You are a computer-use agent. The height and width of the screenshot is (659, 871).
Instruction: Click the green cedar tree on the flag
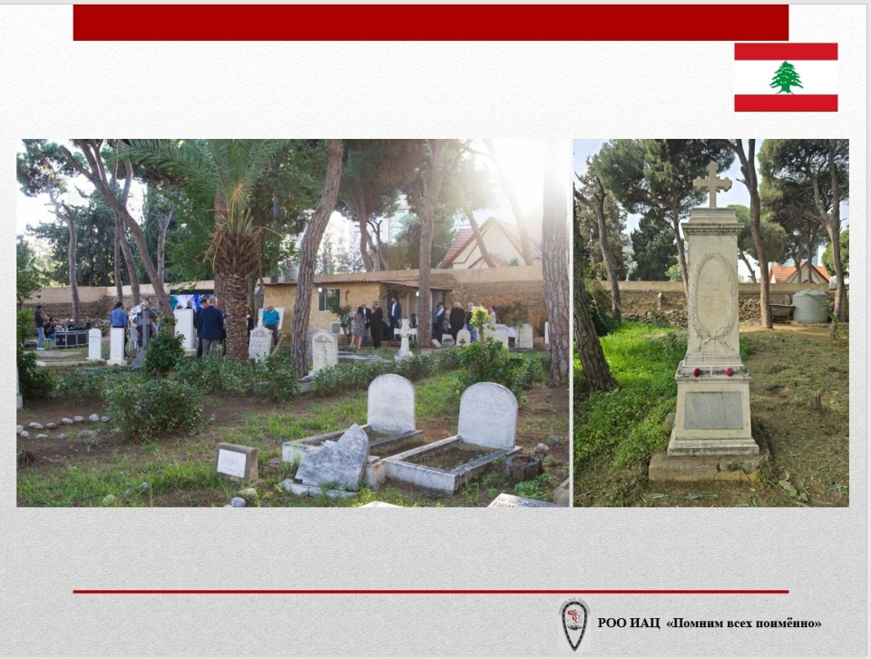pyautogui.click(x=786, y=77)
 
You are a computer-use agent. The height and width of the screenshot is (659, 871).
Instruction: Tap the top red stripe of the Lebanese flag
pyautogui.click(x=786, y=52)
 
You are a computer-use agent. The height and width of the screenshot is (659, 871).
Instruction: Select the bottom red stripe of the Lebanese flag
pyautogui.click(x=786, y=103)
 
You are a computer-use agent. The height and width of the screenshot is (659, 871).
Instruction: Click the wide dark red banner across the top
pyautogui.click(x=430, y=23)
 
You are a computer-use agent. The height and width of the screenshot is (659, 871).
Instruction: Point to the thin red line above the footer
pyautogui.click(x=430, y=592)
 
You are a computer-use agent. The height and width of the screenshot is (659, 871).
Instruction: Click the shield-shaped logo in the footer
pyautogui.click(x=574, y=625)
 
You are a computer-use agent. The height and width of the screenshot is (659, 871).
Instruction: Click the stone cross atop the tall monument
pyautogui.click(x=712, y=184)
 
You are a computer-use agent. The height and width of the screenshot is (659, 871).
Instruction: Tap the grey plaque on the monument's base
pyautogui.click(x=713, y=410)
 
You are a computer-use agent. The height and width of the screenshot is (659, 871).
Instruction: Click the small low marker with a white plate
pyautogui.click(x=236, y=462)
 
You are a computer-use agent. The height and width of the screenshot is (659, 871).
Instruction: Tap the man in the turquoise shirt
pyautogui.click(x=271, y=323)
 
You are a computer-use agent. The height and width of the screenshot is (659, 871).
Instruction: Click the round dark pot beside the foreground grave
pyautogui.click(x=524, y=467)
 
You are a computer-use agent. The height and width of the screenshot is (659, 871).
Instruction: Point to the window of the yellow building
pyautogui.click(x=328, y=300)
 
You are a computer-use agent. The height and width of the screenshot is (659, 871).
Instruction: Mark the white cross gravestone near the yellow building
pyautogui.click(x=404, y=340)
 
